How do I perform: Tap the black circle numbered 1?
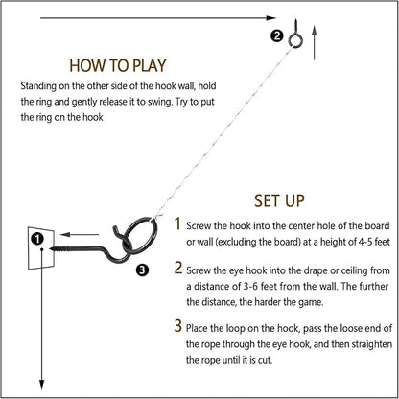click(36, 238)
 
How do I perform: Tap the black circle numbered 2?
click(277, 36)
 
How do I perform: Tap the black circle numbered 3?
click(143, 270)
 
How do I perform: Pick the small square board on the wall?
click(41, 246)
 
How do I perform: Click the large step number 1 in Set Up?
click(176, 223)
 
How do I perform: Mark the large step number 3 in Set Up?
click(176, 326)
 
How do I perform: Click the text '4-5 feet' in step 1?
click(358, 239)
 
